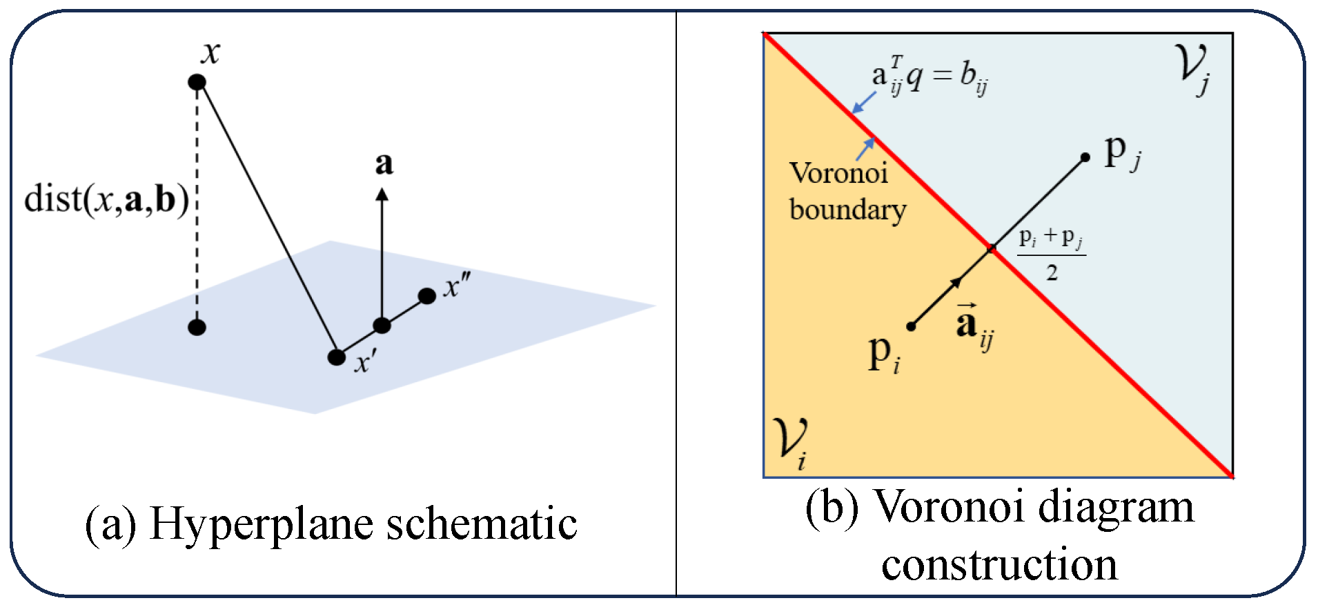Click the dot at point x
(197, 82)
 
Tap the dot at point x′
(336, 357)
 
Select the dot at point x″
(427, 296)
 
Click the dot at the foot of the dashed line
(197, 327)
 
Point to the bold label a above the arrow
(384, 164)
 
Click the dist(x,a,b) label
(106, 200)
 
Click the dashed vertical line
(197, 207)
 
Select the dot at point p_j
(1085, 157)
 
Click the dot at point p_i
(911, 326)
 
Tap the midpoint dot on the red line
(992, 248)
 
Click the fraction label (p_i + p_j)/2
(1051, 254)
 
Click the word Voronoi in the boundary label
(838, 173)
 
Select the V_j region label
(1194, 69)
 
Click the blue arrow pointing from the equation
(863, 103)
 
